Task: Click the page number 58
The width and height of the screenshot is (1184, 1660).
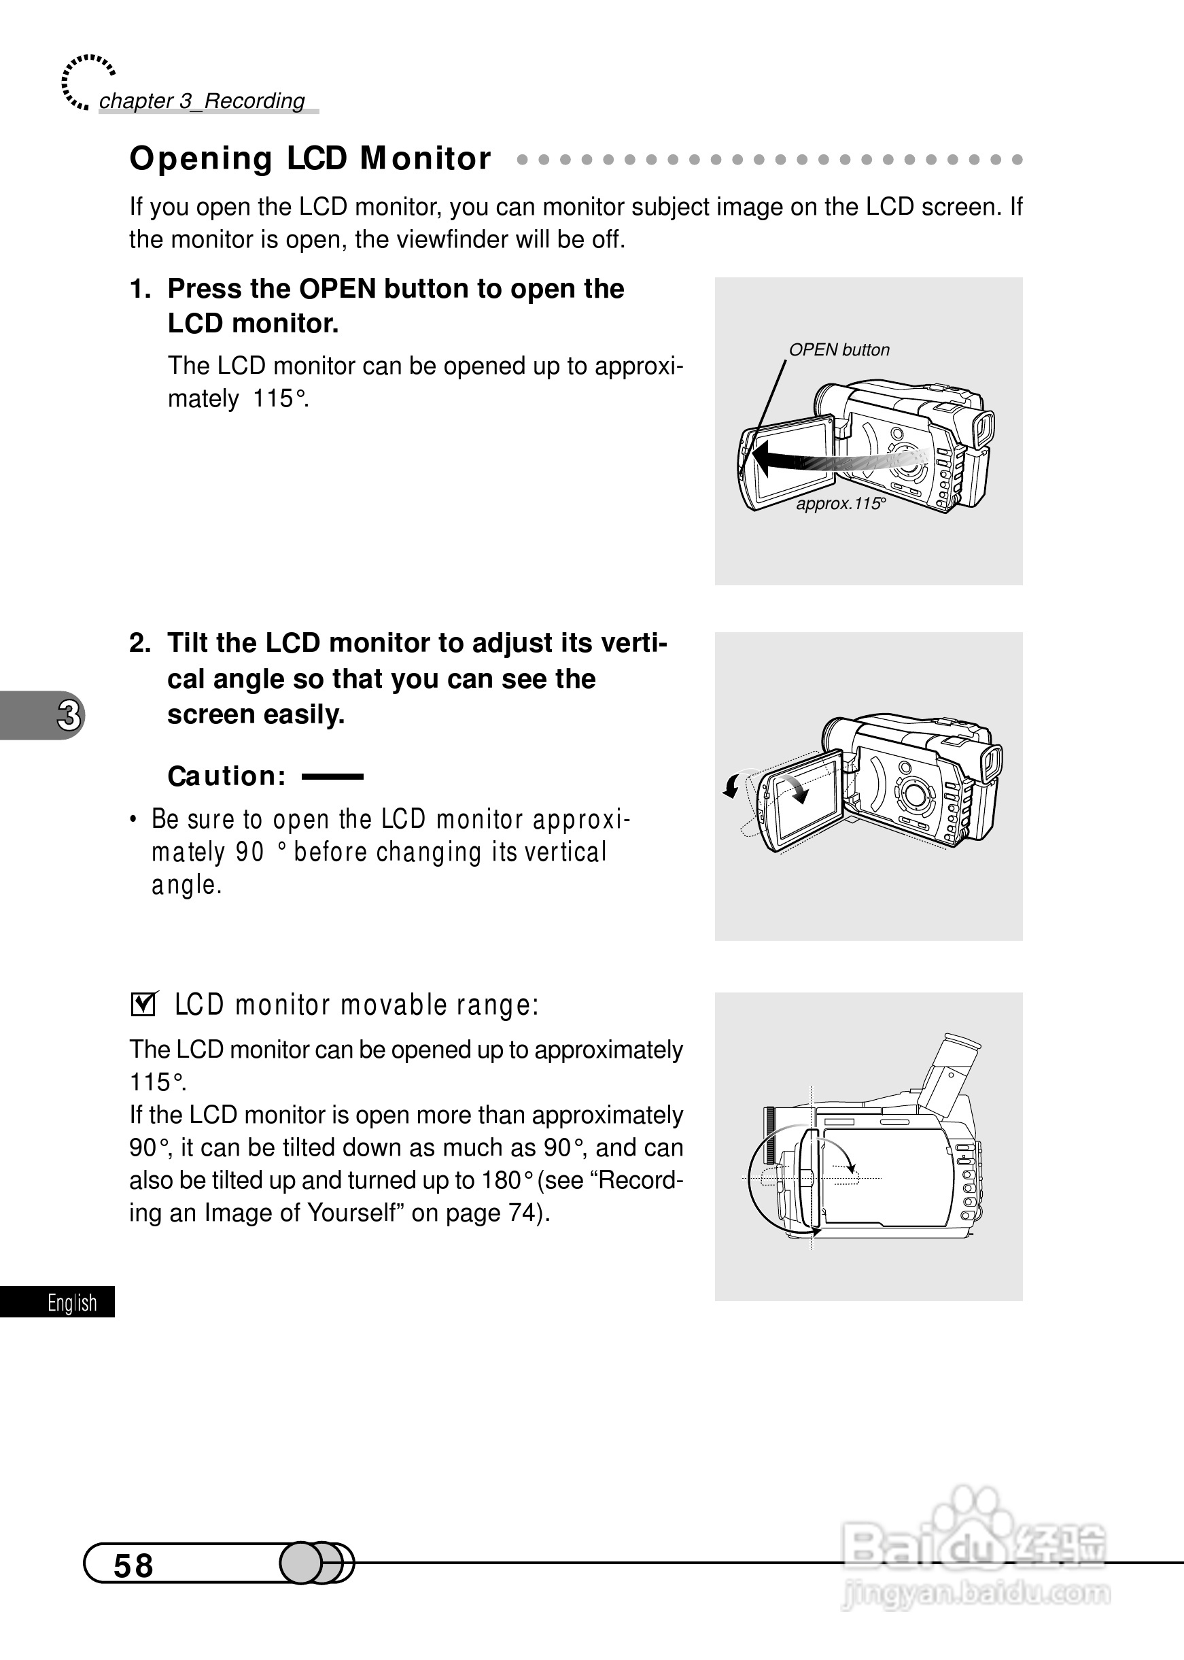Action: pos(133,1566)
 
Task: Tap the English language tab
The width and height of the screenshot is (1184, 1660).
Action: pos(71,1302)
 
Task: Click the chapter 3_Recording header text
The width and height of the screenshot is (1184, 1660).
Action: pos(201,101)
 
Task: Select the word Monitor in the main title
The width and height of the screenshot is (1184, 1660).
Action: pos(425,159)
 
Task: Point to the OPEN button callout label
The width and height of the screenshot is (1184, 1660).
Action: pos(839,350)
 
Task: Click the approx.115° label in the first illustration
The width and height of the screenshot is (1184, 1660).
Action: pos(840,504)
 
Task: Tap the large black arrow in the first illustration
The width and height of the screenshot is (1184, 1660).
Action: pos(787,461)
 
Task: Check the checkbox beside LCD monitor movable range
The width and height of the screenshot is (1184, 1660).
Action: pos(143,1005)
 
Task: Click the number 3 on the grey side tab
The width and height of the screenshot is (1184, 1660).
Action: pos(69,715)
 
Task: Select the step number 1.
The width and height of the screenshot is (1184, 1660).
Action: pos(139,290)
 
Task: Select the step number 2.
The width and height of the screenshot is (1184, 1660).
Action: pos(139,644)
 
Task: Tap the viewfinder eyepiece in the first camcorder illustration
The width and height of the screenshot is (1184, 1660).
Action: pos(983,430)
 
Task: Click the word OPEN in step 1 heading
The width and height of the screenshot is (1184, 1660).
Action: pos(338,290)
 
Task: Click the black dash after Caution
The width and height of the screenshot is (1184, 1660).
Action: pos(332,777)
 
